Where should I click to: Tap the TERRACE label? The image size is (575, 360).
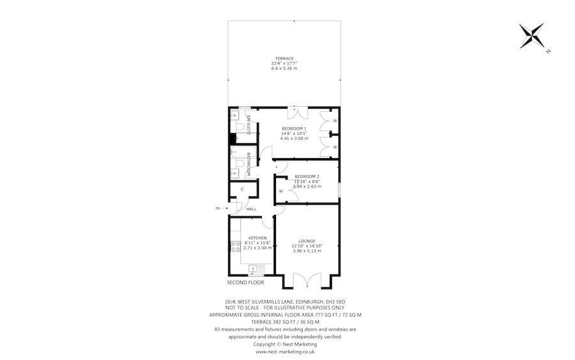tap(284, 58)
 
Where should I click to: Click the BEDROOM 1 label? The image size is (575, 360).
tap(294, 129)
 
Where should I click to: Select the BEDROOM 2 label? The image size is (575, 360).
tap(307, 176)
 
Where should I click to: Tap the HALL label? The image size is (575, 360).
tap(252, 209)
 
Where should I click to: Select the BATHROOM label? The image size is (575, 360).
tap(249, 165)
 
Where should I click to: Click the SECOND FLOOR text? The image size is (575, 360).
tap(245, 282)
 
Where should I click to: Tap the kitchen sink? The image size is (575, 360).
tap(257, 269)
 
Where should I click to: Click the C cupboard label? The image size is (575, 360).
tap(242, 190)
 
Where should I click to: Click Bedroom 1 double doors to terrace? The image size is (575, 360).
tap(297, 113)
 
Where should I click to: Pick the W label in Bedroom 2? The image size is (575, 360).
tap(281, 191)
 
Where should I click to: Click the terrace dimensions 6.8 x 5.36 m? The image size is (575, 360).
tap(284, 68)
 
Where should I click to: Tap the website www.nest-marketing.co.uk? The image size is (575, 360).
tap(285, 351)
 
